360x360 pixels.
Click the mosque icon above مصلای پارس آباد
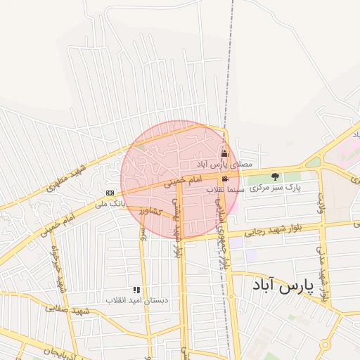tap(225, 153)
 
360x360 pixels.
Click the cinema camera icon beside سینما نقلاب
tap(225, 179)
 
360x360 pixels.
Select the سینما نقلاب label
tap(225, 190)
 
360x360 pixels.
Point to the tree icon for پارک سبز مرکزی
tap(275, 176)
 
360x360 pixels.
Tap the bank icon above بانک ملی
tap(110, 193)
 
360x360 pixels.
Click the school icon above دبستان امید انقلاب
tap(136, 289)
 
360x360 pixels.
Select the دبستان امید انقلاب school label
tap(137, 300)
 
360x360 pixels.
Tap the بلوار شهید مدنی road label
tap(323, 274)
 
